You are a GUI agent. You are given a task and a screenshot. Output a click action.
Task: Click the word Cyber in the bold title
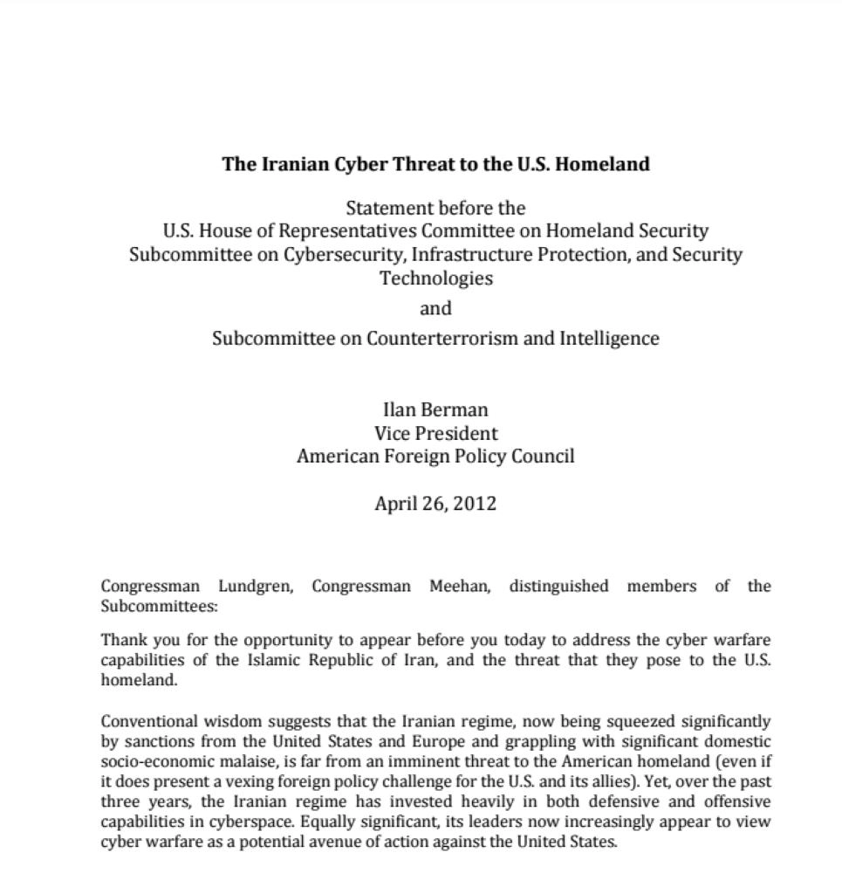(360, 164)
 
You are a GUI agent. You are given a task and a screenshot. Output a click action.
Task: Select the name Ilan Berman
(435, 409)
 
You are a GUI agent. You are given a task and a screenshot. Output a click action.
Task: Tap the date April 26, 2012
(435, 503)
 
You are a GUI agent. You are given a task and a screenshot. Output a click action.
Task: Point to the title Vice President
(435, 433)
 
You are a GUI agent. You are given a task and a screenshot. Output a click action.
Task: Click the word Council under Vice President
(542, 456)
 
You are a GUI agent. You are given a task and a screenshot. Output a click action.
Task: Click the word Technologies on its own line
(435, 278)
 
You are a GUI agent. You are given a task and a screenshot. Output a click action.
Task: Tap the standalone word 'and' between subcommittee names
(435, 308)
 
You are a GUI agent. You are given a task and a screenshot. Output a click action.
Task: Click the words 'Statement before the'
(435, 208)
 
